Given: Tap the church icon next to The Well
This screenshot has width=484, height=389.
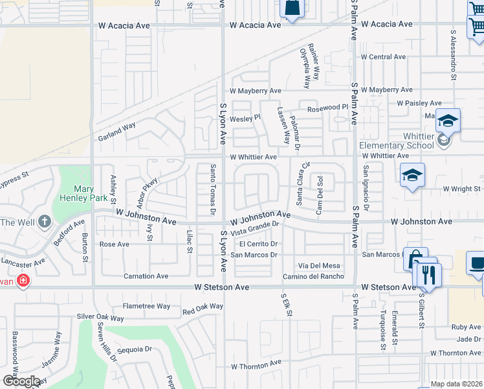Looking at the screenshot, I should coord(44,222).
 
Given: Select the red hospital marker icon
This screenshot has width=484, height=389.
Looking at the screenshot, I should coord(23,281).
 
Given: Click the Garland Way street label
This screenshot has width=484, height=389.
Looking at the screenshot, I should coord(117,132).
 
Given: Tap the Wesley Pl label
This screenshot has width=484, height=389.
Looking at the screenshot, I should coord(245,118).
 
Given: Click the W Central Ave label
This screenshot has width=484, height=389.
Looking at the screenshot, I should coord(383,57).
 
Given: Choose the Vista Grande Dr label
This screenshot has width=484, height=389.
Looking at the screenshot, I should coord(255,228).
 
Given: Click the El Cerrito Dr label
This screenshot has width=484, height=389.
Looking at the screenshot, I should coord(258,244).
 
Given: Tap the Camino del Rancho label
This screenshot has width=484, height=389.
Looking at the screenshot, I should coord(313,277).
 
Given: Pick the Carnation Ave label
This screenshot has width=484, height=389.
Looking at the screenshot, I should coord(146,276).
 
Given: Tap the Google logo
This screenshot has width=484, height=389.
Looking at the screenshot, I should coord(21,381).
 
